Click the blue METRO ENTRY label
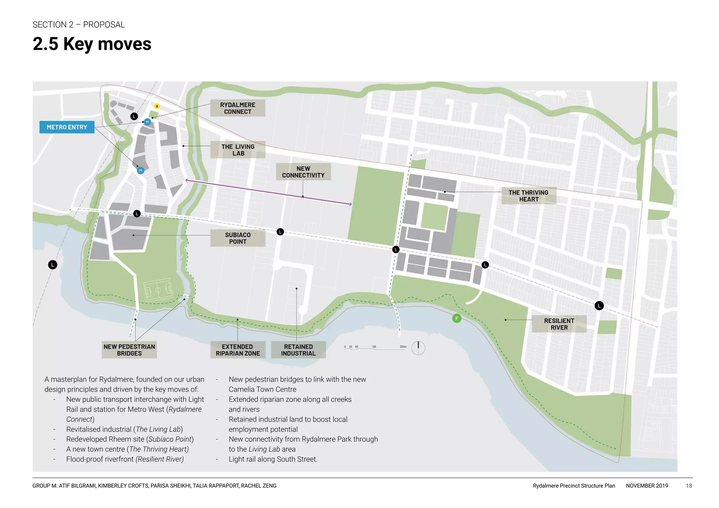click(67, 127)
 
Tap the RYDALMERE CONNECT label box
click(238, 108)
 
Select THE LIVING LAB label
click(238, 150)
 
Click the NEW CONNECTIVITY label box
click(303, 172)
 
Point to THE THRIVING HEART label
click(528, 196)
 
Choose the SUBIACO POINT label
click(238, 238)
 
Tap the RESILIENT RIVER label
click(559, 324)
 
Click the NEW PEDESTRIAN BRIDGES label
click(129, 350)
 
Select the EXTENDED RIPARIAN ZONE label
click(238, 350)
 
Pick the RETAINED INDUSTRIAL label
click(298, 350)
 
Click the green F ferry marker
click(456, 318)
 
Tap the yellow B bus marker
click(157, 106)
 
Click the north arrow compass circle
click(418, 348)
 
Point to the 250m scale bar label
click(403, 347)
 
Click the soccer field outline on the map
click(158, 290)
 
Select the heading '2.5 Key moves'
click(92, 44)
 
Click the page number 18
click(689, 486)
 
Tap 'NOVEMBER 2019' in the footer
click(647, 486)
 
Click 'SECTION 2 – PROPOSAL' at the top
click(79, 25)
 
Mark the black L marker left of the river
click(53, 265)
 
